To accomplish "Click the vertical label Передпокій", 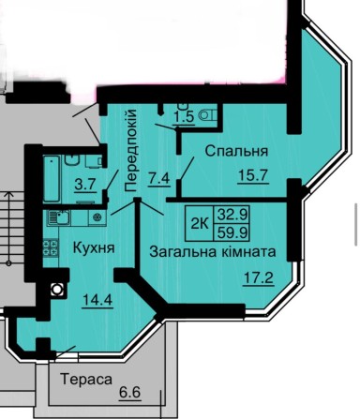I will click(130, 150).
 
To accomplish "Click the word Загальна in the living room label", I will click(182, 252).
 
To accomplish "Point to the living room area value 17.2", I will click(252, 279).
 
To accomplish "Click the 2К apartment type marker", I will click(199, 221).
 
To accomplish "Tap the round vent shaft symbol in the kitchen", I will click(56, 291).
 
